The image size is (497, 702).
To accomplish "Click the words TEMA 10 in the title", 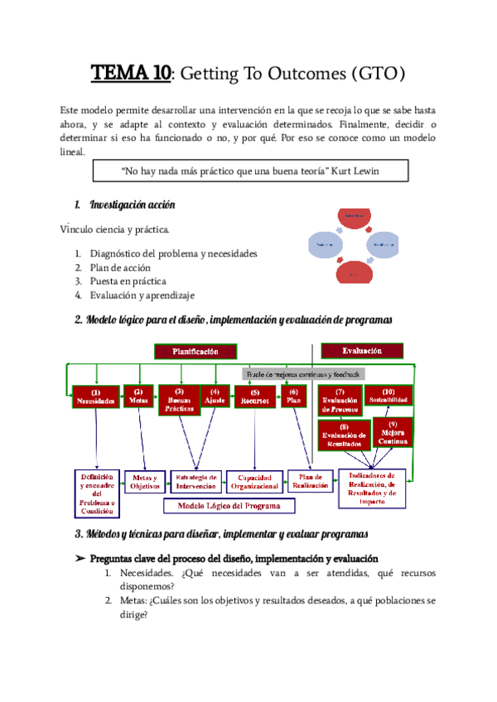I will click(x=131, y=75).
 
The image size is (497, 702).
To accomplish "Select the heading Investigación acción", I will click(x=132, y=204).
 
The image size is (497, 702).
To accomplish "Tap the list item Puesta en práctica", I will click(x=128, y=281).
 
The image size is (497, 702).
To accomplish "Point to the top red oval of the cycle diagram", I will click(x=355, y=217).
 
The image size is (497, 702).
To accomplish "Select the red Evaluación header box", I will click(x=361, y=350).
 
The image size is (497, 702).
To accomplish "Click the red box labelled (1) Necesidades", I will click(x=95, y=397).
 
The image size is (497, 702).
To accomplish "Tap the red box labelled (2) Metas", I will click(x=138, y=397).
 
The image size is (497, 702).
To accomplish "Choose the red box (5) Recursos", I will click(x=254, y=397).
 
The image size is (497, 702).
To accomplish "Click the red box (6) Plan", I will click(x=293, y=397).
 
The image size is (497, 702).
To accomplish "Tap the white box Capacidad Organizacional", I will click(x=254, y=483).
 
